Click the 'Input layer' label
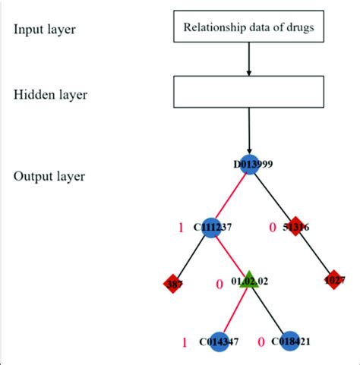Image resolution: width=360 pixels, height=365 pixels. [x=43, y=30]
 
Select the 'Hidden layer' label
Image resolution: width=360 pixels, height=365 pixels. [x=49, y=95]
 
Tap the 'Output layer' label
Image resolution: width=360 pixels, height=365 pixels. [x=49, y=176]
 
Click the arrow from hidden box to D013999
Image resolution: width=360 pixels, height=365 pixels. [x=249, y=133]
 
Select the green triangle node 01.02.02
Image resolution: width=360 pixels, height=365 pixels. [x=248, y=279]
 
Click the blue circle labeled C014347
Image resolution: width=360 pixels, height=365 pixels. [x=218, y=341]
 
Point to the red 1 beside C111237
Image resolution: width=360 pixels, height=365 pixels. [x=180, y=226]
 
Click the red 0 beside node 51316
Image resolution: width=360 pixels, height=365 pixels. [x=271, y=226]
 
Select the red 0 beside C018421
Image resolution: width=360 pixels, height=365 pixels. [x=262, y=341]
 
